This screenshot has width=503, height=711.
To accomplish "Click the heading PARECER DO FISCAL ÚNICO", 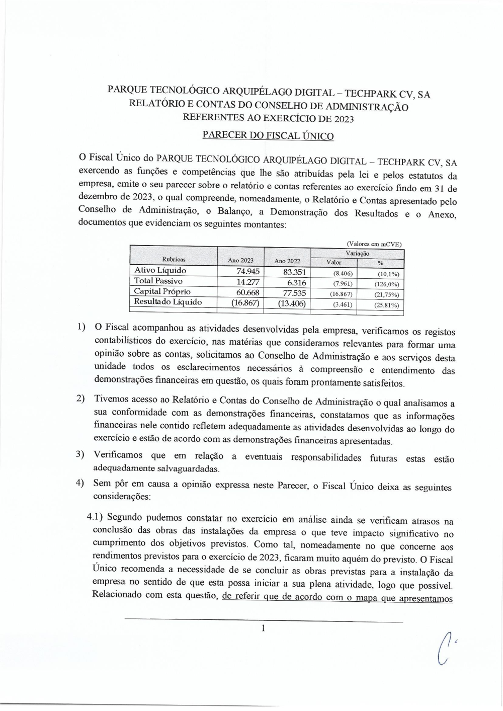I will click(x=268, y=135).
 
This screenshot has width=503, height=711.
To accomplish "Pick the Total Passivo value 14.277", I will click(x=247, y=282).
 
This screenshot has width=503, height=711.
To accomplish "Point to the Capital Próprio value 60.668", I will click(x=247, y=292).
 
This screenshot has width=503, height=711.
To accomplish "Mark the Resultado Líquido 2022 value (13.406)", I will click(x=292, y=303).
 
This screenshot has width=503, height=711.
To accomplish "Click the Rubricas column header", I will click(x=174, y=259).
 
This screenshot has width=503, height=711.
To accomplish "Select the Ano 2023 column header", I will click(x=240, y=260).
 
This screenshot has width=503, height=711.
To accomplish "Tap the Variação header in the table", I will click(x=357, y=254).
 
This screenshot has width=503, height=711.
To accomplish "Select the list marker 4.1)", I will click(x=95, y=517).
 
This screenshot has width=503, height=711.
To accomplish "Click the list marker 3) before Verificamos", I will click(x=79, y=454).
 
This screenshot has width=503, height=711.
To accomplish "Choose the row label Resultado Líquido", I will click(x=167, y=302).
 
